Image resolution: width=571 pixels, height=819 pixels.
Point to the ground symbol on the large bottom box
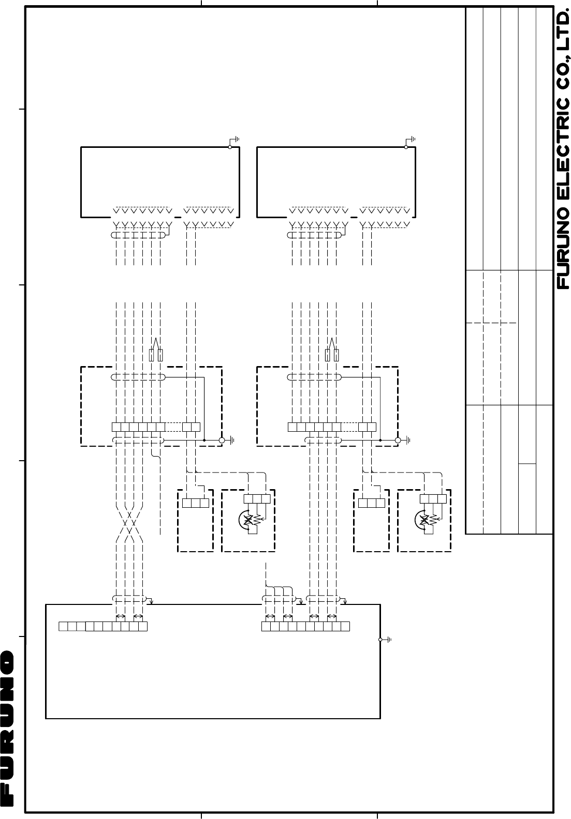(386, 640)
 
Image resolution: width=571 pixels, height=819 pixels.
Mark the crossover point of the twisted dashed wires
(129, 524)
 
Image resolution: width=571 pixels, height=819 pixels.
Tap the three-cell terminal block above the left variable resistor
(257, 499)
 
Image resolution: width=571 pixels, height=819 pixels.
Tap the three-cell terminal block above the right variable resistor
(433, 499)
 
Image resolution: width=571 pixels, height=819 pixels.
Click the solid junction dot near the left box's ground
(204, 440)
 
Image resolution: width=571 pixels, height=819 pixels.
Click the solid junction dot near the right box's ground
(380, 440)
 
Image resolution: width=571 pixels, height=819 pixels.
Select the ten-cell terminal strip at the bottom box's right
(305, 626)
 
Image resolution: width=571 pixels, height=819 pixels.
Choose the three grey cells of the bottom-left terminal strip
(72, 626)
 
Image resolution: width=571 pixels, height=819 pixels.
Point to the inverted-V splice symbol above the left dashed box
(156, 350)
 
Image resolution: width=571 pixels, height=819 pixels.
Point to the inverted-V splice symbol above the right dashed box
(332, 350)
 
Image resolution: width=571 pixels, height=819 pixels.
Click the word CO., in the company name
(563, 73)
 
